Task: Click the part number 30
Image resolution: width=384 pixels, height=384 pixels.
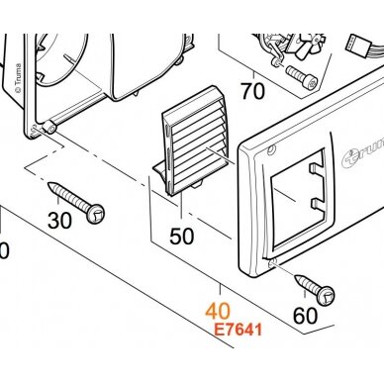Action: [59, 221]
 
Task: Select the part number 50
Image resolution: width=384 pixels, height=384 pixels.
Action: [182, 237]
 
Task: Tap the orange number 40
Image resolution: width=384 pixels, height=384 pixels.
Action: [218, 311]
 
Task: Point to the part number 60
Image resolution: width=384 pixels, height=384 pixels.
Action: [306, 316]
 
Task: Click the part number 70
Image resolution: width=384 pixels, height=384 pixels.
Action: [253, 91]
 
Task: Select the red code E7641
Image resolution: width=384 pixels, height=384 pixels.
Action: [239, 330]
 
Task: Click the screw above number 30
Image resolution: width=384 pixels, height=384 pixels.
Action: [76, 202]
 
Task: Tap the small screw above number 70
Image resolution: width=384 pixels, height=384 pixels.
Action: [302, 76]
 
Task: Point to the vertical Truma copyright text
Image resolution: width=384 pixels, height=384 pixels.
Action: [18, 78]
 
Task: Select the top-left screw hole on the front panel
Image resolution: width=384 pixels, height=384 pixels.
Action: [271, 150]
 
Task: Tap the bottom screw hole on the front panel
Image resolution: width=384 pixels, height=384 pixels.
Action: [272, 261]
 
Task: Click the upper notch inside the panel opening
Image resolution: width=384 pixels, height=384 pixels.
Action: [316, 167]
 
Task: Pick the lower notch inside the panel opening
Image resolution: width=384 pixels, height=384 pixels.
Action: [317, 205]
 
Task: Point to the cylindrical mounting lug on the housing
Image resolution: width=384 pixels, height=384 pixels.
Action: [49, 127]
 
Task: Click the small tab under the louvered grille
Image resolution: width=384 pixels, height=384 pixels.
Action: [197, 184]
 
